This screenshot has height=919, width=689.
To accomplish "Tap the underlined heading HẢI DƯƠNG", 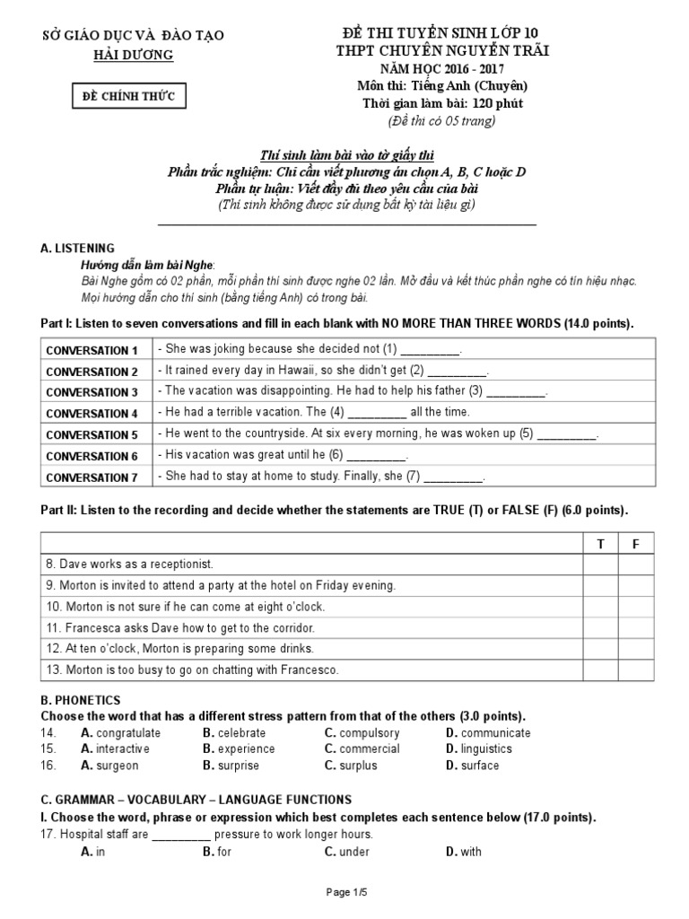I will (135, 55).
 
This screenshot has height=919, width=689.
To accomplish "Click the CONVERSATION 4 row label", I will (92, 414).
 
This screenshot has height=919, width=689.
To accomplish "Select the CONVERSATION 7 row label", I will (92, 477).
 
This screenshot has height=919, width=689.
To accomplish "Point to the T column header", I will (600, 545).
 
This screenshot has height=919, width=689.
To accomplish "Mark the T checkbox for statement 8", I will (600, 564).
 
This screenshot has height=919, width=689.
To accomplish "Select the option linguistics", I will (485, 749).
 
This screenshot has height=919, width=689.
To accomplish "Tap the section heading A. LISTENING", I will (78, 248).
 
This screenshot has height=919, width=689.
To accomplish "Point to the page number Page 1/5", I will (344, 891).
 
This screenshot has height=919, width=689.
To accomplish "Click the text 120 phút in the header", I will (476, 103).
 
